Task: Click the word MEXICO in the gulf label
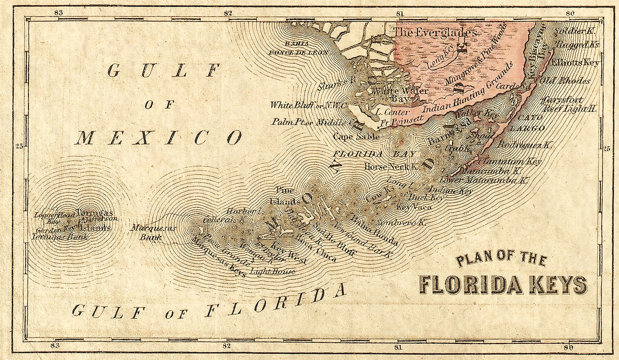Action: point(158,138)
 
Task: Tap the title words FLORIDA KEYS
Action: point(502,285)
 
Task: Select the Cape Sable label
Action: point(356,137)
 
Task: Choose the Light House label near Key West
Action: point(272,271)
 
